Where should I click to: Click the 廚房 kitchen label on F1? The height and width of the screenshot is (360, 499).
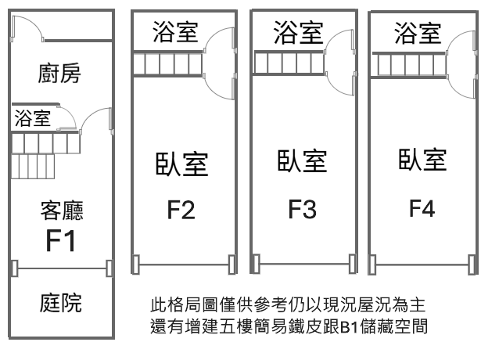tap(61, 74)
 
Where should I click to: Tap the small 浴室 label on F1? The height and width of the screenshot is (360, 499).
tap(33, 119)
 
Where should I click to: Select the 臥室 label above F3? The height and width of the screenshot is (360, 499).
tap(302, 162)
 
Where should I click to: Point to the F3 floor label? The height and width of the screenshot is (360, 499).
tap(302, 209)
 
